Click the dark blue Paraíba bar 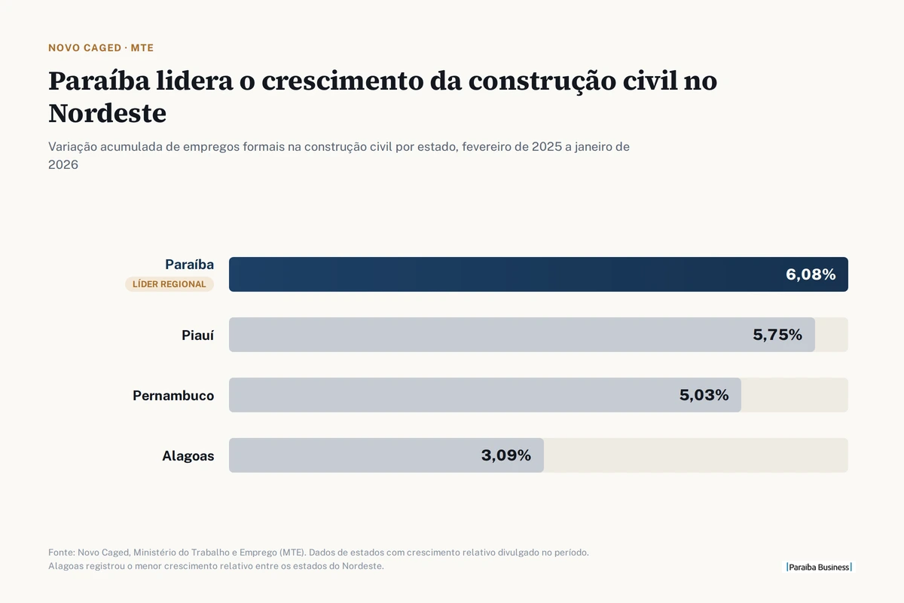(x=539, y=274)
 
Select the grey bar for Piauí (x=522, y=335)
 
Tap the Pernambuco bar (x=484, y=395)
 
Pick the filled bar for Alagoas (x=386, y=455)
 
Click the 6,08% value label (x=811, y=274)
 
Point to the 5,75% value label (x=777, y=335)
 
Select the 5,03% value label (x=704, y=395)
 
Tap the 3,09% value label (x=505, y=455)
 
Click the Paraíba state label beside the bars (x=189, y=265)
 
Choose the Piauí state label (x=197, y=335)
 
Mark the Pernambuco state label (x=173, y=396)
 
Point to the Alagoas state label (x=188, y=456)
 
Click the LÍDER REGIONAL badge (x=169, y=284)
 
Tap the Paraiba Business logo (x=819, y=567)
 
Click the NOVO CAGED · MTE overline (x=101, y=47)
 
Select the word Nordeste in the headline (x=107, y=113)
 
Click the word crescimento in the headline (x=342, y=81)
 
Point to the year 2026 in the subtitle (x=63, y=165)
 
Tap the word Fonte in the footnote (x=61, y=552)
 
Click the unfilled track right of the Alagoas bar (x=696, y=455)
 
